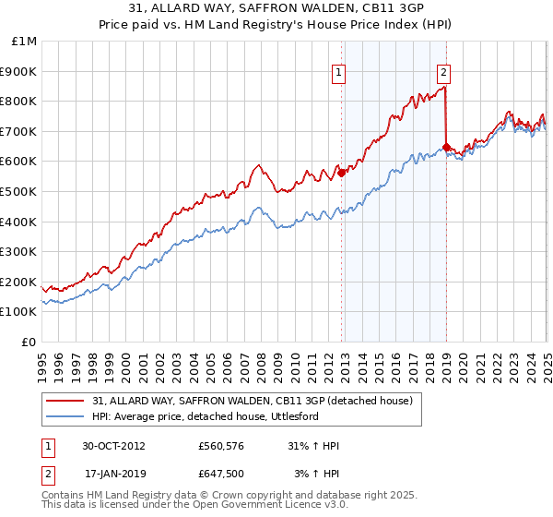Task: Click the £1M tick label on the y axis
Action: pyautogui.click(x=24, y=42)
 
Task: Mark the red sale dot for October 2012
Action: pyautogui.click(x=342, y=172)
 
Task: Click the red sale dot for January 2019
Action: pyautogui.click(x=446, y=147)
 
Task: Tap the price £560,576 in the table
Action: pyautogui.click(x=222, y=446)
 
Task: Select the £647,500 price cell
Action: pyautogui.click(x=222, y=474)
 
